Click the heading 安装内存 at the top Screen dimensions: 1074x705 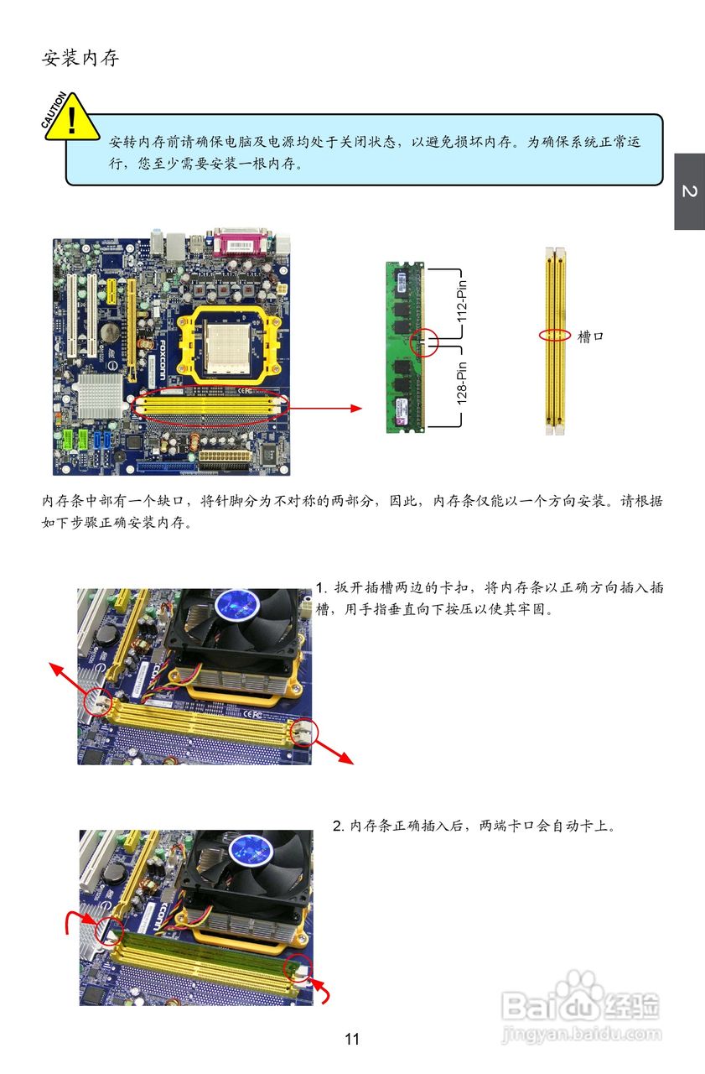point(80,58)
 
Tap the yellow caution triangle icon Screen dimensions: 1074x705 point(71,120)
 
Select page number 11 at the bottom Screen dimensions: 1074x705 point(352,1039)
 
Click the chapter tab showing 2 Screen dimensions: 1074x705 point(689,191)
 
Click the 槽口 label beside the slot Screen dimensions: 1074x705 point(590,336)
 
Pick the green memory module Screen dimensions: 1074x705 point(406,347)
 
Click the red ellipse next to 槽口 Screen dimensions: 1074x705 point(554,335)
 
